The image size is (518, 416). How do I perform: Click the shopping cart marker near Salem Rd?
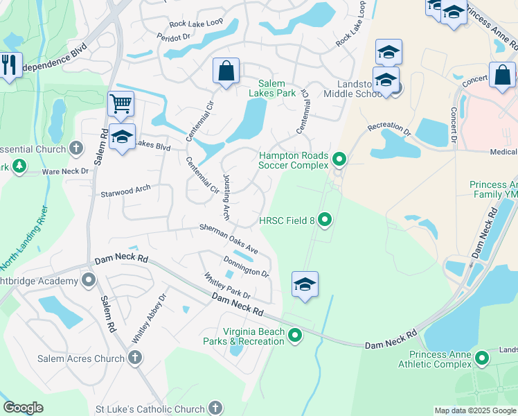[x=121, y=105]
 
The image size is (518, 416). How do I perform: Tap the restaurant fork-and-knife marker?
[x=9, y=67]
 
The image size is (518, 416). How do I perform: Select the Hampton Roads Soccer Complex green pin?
[x=339, y=160]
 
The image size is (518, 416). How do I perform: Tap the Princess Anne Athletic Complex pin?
[x=481, y=358]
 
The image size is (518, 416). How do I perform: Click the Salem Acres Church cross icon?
[x=135, y=358]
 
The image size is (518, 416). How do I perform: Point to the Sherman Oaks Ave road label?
[x=229, y=239]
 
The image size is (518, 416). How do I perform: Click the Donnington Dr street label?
[x=246, y=266]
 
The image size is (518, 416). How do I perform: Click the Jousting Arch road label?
[x=226, y=197]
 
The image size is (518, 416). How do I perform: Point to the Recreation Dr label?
[x=389, y=128]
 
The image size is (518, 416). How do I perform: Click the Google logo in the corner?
[x=23, y=408]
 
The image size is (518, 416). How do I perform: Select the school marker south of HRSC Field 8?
[x=305, y=284]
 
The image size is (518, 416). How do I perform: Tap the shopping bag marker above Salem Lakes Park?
[x=226, y=71]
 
